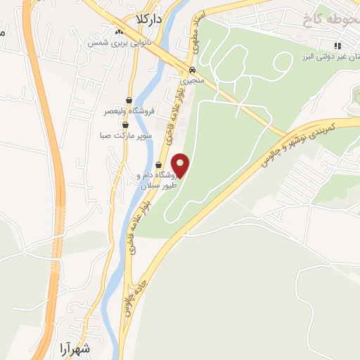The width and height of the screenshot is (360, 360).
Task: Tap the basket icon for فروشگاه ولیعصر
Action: (x=129, y=99)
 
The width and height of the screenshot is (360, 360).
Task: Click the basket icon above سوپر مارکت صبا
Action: (x=125, y=124)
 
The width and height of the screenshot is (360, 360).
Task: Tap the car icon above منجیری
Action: (x=191, y=70)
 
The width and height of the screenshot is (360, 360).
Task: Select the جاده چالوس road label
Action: (x=130, y=298)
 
